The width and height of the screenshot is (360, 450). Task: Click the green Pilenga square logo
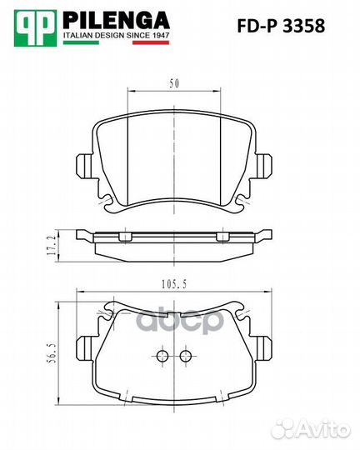tap(35, 27)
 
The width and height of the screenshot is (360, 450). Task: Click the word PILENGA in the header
tap(117, 20)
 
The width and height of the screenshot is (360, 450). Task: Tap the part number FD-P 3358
tap(281, 26)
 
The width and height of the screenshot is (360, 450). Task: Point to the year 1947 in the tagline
tap(160, 35)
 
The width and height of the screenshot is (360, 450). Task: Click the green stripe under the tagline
tap(81, 42)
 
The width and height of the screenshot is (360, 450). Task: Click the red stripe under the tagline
tap(151, 42)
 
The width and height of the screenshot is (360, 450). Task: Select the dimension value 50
tap(174, 83)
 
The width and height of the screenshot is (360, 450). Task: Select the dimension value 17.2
tap(51, 246)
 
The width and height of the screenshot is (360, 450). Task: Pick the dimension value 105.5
tap(174, 284)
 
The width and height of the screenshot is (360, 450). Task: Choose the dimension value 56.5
tap(51, 353)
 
